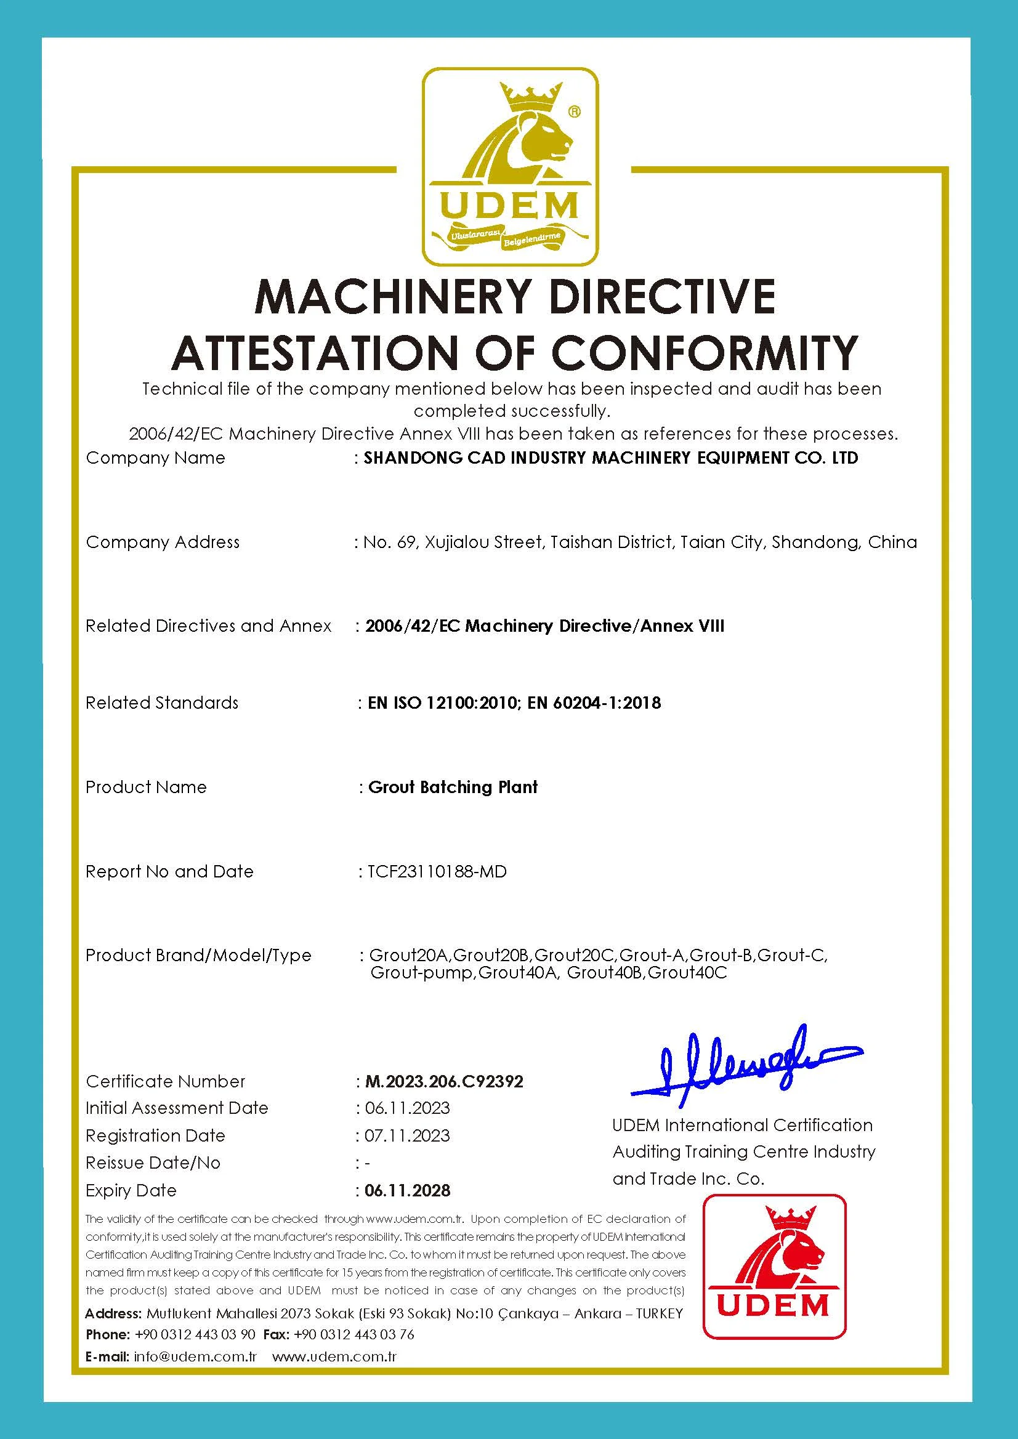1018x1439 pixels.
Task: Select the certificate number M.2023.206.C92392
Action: [444, 1081]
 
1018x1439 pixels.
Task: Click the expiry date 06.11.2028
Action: [408, 1190]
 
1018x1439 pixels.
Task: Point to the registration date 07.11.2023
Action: [408, 1135]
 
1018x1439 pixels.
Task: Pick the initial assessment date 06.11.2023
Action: [408, 1108]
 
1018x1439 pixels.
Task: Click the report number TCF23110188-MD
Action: [437, 871]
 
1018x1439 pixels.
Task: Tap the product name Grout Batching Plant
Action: [453, 787]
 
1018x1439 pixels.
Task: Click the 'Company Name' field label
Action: [155, 458]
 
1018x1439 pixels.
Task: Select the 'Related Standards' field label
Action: [162, 703]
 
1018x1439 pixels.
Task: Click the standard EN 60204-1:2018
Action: [594, 703]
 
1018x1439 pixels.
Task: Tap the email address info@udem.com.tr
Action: [196, 1357]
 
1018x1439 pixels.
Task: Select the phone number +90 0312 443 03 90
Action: [195, 1334]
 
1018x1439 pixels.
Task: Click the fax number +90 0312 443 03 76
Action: [353, 1334]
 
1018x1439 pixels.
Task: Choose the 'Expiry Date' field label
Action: [131, 1190]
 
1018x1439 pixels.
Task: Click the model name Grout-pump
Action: [422, 973]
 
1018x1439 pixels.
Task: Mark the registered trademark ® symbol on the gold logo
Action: [573, 111]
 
